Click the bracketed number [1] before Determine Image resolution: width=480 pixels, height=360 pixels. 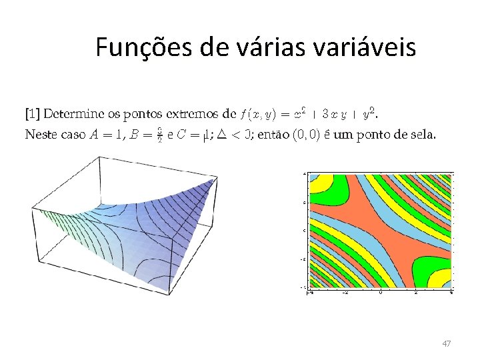tap(31, 113)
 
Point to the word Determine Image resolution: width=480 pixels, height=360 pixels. tap(70, 113)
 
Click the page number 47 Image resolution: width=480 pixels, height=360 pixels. tap(446, 343)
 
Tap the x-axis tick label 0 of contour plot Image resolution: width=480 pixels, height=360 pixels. tap(380, 292)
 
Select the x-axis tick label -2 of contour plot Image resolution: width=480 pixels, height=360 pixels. tap(345, 292)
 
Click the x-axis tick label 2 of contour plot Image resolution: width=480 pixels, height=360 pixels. tap(416, 292)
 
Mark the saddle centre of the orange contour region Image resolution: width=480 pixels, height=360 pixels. tap(380, 231)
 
